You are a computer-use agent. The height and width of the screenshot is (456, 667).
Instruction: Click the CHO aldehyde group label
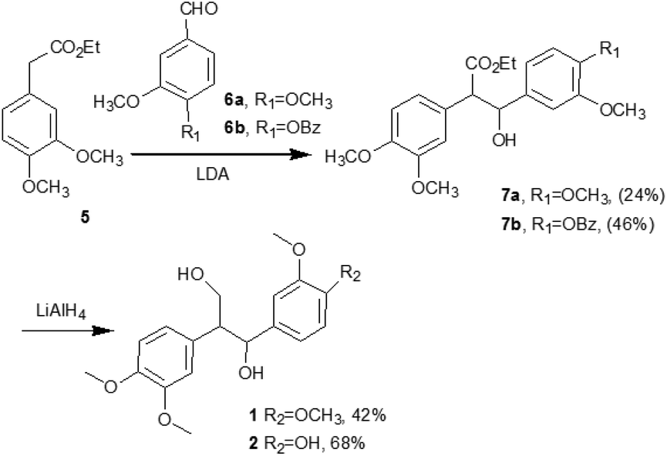[200, 9]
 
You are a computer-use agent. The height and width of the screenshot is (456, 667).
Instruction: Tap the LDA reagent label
[214, 175]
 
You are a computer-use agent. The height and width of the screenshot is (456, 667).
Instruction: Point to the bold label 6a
[235, 101]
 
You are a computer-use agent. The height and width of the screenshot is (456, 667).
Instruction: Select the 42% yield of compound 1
[370, 415]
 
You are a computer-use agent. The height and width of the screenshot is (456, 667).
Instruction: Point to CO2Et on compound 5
[76, 48]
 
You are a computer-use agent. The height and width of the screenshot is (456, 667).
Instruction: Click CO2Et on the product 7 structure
[491, 65]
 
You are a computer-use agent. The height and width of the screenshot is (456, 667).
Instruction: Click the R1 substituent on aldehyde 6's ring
[190, 132]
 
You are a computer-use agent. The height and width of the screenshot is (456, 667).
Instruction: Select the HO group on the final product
[191, 274]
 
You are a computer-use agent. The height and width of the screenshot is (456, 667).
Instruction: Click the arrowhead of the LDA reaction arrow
[300, 155]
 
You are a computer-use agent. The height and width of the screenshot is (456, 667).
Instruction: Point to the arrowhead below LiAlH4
[103, 330]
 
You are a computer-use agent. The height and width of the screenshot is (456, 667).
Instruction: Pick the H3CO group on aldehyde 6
[116, 102]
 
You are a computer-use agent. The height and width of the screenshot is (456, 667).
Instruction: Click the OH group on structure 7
[504, 140]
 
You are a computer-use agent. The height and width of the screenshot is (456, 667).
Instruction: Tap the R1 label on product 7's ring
[608, 50]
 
